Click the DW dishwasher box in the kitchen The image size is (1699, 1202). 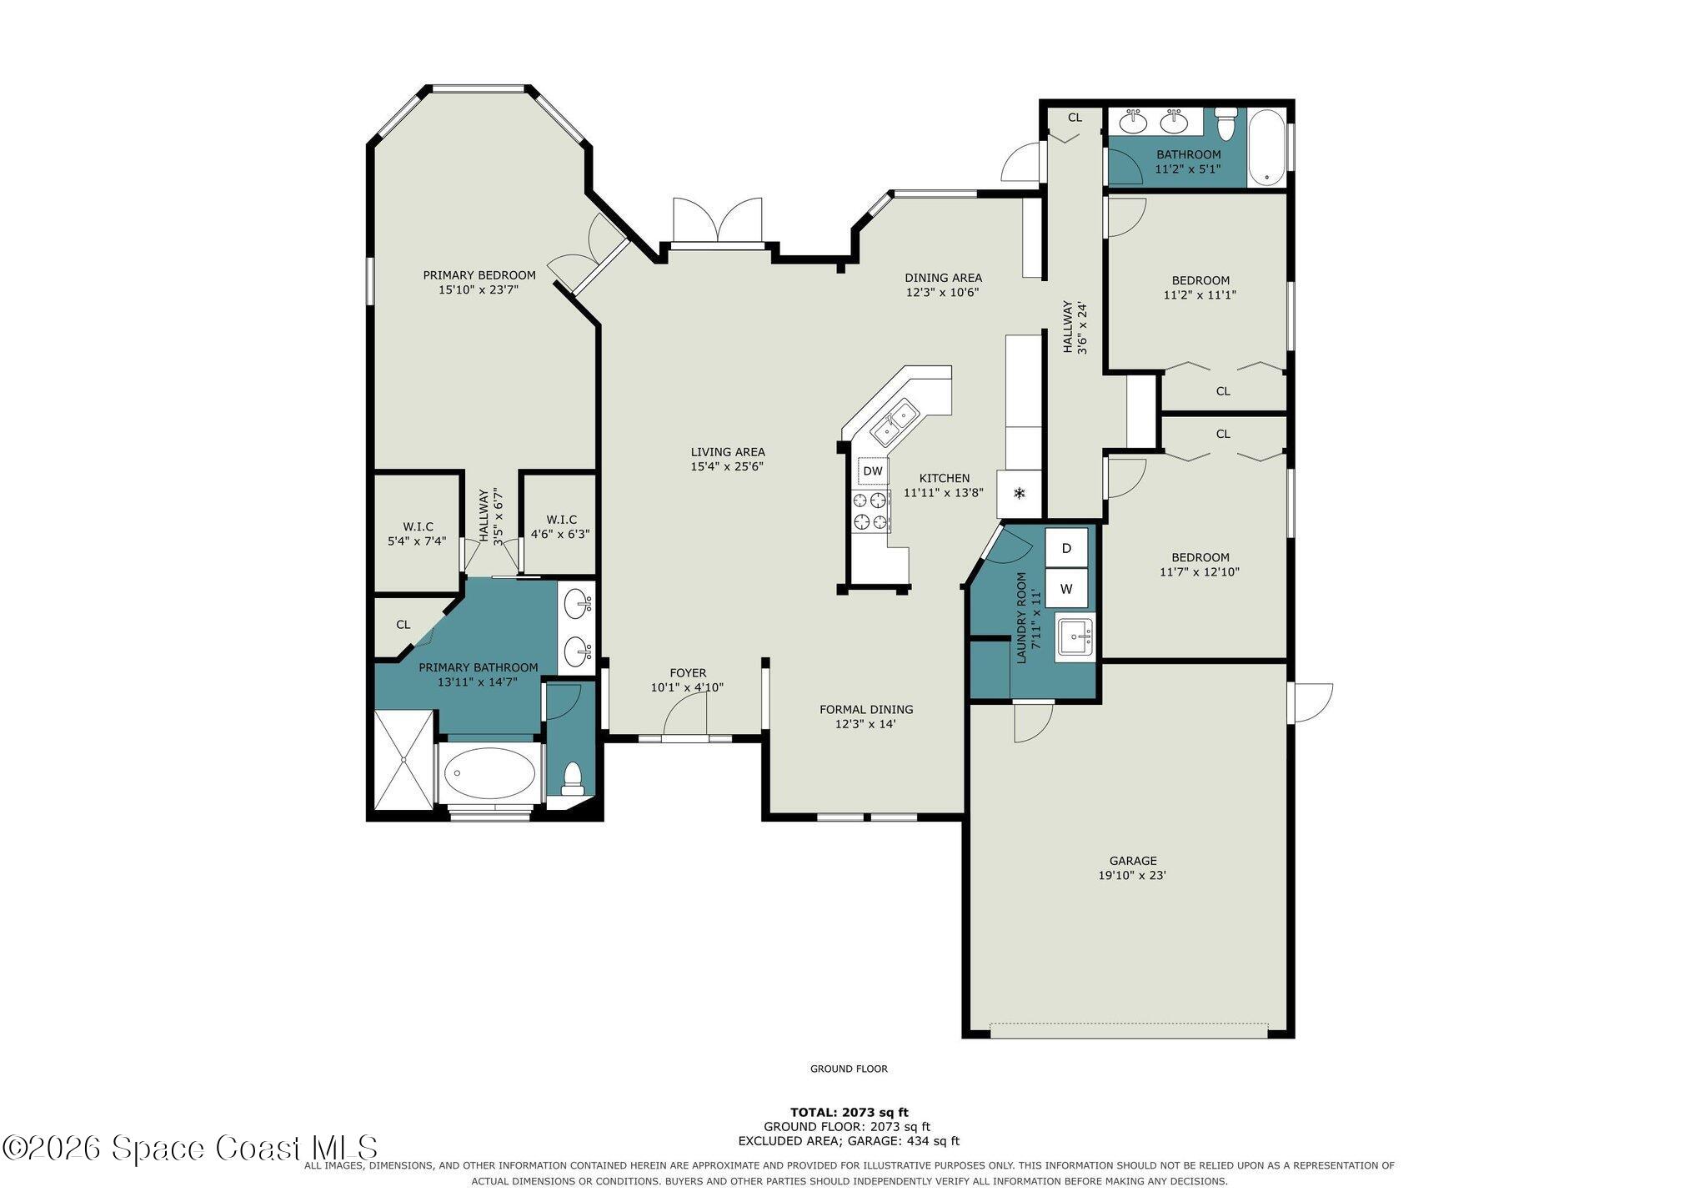(x=872, y=470)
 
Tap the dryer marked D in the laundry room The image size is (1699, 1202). (x=1066, y=548)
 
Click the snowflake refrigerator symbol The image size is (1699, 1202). (x=1019, y=493)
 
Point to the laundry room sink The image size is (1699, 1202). (x=1075, y=637)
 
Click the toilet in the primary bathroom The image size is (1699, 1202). (x=573, y=777)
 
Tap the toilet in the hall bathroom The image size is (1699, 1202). (x=1225, y=123)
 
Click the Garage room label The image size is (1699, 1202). (x=1132, y=861)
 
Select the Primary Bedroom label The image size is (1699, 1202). (x=479, y=275)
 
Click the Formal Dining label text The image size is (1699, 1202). (x=866, y=710)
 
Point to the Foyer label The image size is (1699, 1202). (x=688, y=673)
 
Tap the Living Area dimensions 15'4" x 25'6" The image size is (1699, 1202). (x=727, y=467)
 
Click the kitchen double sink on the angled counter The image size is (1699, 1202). (x=895, y=422)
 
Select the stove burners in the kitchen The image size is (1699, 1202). (x=870, y=511)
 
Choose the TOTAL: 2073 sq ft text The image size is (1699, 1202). (x=849, y=1112)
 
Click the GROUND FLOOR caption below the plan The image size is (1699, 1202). (x=849, y=1069)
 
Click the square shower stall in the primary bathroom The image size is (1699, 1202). (x=403, y=759)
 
